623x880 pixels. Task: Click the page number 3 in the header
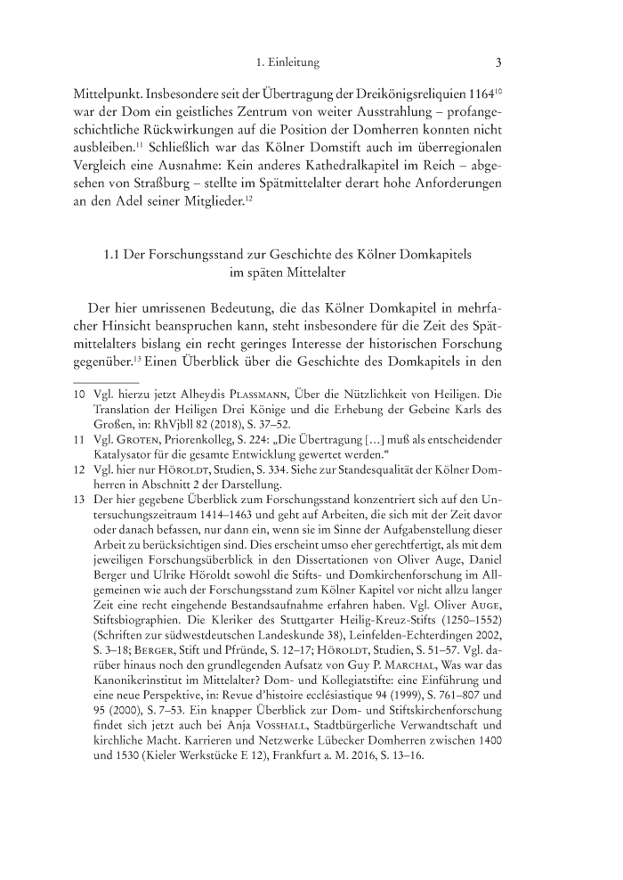click(x=499, y=62)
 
